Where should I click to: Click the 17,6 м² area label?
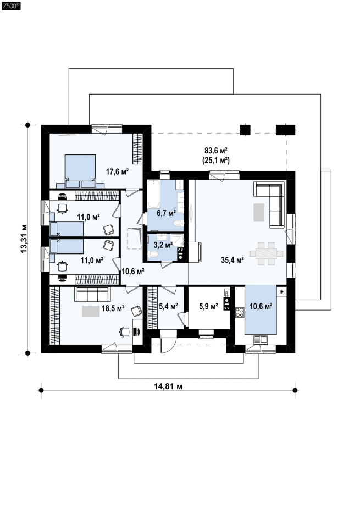118,171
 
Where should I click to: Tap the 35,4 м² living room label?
232,260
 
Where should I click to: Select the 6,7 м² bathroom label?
166,213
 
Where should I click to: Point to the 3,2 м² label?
163,245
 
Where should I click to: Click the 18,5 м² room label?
113,308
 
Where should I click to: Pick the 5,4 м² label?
168,306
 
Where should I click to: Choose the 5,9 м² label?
208,306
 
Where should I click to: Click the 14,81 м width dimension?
168,386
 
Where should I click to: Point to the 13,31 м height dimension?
24,239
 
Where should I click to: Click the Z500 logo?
11,6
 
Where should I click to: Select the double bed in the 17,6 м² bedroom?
80,171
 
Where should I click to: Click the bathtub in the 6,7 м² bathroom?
153,194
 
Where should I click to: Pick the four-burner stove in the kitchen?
240,312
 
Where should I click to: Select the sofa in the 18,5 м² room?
92,295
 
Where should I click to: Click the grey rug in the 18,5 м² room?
91,311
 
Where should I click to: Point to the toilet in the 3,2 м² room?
153,254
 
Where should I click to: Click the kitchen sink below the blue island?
261,340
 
